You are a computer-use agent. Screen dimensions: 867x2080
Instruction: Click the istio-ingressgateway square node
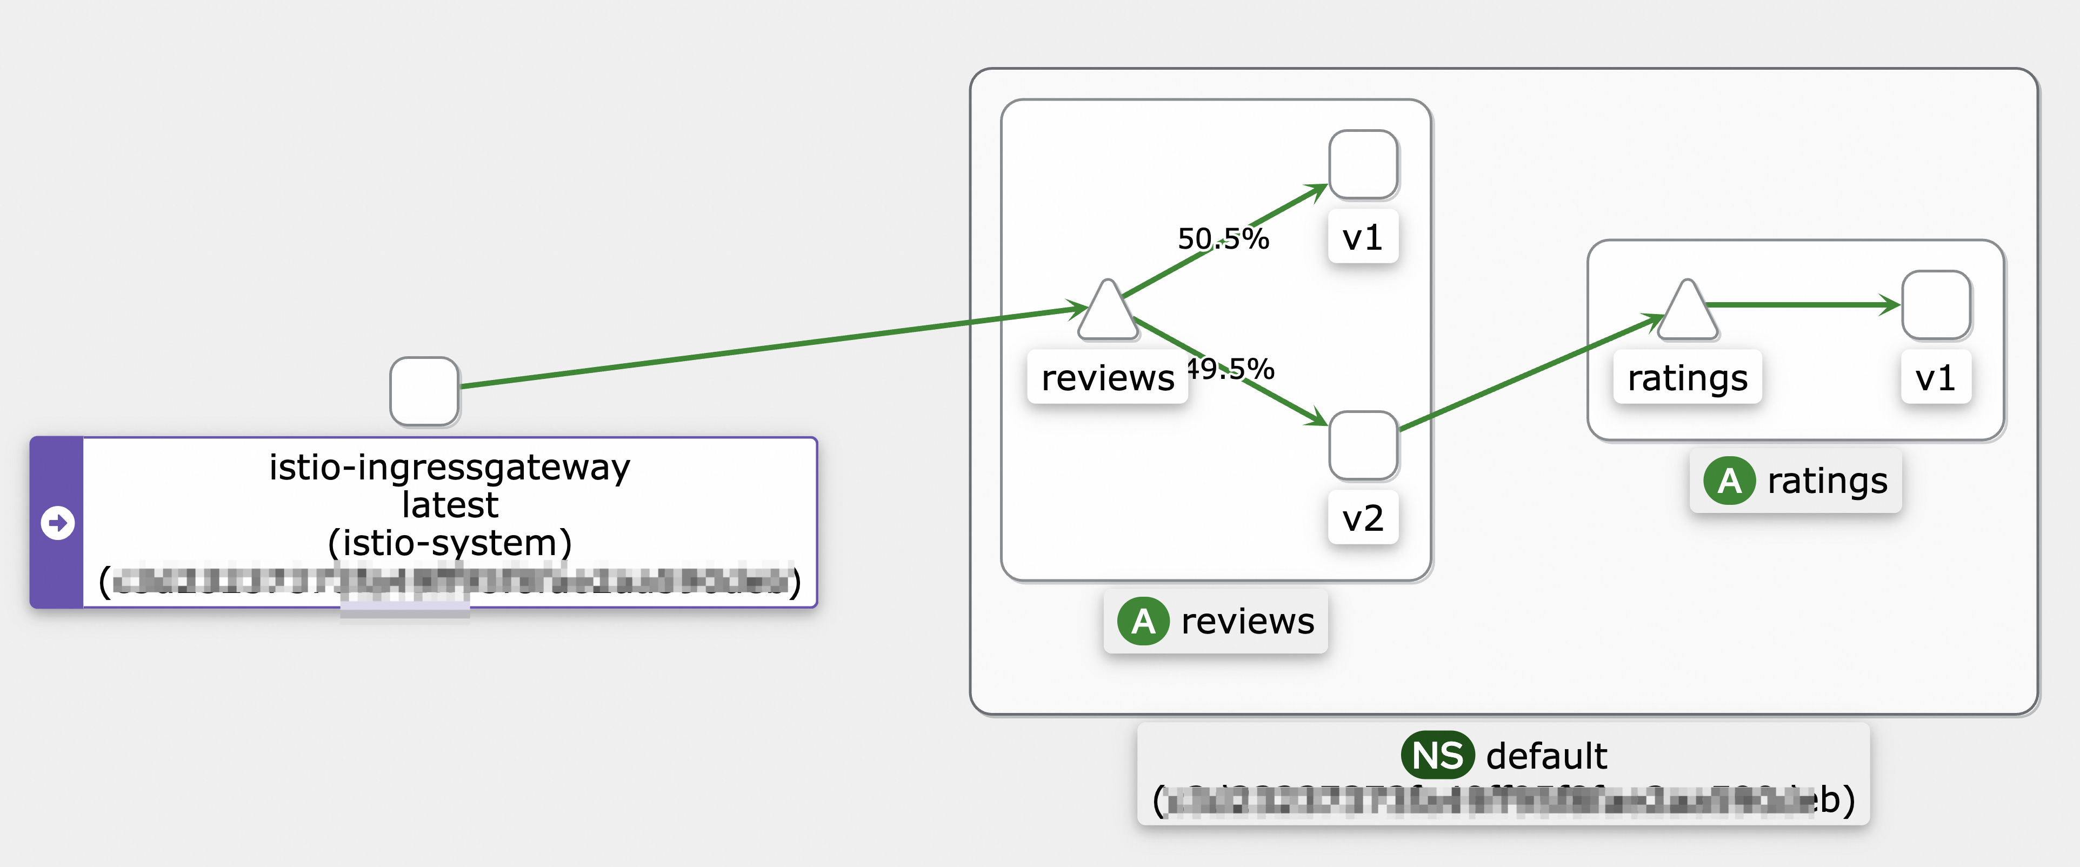tap(424, 391)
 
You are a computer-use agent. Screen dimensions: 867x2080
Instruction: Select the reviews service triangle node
tap(1107, 313)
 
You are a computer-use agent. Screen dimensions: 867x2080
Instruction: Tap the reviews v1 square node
tap(1363, 165)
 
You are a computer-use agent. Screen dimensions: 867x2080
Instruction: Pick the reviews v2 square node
tap(1363, 445)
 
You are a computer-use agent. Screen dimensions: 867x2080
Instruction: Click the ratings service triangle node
tap(1687, 313)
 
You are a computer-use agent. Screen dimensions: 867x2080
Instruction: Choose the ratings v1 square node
tap(1936, 305)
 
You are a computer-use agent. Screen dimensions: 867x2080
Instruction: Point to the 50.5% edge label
tap(1223, 239)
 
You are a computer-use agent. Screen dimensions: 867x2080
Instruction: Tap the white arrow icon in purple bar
tap(57, 522)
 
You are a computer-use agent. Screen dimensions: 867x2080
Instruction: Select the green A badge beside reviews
tap(1143, 621)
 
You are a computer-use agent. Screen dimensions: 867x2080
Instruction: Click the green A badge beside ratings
tap(1729, 481)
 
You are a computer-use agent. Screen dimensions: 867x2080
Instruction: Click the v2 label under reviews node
tap(1363, 517)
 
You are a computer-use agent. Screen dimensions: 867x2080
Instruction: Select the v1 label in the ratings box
tap(1936, 377)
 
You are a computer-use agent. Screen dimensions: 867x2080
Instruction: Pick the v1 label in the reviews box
tap(1363, 237)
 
